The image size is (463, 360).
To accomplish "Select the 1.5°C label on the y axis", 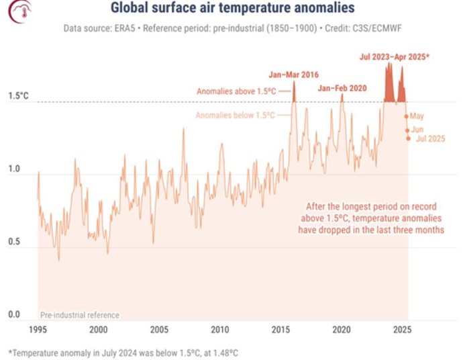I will click(18, 96).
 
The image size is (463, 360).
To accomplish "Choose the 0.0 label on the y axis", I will click(14, 314).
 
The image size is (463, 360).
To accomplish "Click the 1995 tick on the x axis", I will click(38, 330).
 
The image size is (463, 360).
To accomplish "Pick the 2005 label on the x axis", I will click(159, 330).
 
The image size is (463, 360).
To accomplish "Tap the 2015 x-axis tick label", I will click(280, 330).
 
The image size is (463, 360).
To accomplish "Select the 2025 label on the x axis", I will click(402, 330).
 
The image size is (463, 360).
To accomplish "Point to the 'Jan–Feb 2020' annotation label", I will click(342, 88).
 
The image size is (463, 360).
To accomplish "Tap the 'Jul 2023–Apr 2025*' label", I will click(393, 57).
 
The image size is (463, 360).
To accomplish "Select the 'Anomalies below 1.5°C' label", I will click(235, 116).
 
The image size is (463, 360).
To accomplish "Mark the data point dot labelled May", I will click(406, 116).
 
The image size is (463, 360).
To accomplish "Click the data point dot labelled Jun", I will click(407, 129).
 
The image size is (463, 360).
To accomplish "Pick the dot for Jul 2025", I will click(408, 139).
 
